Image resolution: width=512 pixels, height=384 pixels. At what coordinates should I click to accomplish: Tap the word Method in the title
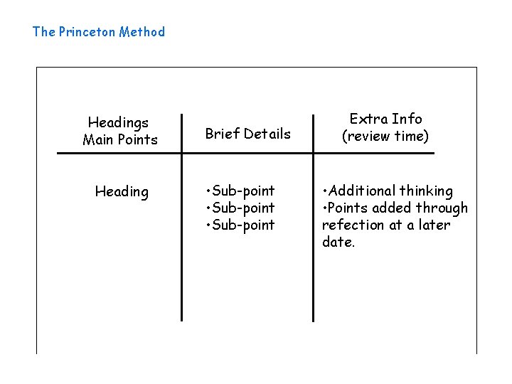pos(142,32)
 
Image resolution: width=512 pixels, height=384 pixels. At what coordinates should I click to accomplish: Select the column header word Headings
pos(118,122)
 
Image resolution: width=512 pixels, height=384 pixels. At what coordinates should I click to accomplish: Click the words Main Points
pos(120,139)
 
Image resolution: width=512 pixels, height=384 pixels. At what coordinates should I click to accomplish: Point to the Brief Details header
pos(248,134)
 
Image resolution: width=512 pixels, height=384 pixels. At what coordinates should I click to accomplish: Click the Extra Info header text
pos(385,119)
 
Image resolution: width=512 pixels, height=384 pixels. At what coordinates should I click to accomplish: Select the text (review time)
pos(385,136)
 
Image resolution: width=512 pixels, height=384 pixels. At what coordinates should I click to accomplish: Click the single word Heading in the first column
pos(122,192)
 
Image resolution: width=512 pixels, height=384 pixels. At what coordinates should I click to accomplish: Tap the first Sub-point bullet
pos(240,191)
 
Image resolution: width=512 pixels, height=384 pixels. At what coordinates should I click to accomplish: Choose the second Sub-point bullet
pos(240,208)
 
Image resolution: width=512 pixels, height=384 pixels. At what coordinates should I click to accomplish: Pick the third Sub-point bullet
pos(240,225)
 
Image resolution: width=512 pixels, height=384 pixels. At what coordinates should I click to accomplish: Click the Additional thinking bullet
pos(388,191)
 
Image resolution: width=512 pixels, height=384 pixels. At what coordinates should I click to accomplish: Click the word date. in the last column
pos(338,242)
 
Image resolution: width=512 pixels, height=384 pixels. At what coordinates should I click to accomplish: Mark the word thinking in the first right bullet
pos(425,191)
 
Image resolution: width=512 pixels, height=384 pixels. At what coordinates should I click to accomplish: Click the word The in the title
pos(43,32)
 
